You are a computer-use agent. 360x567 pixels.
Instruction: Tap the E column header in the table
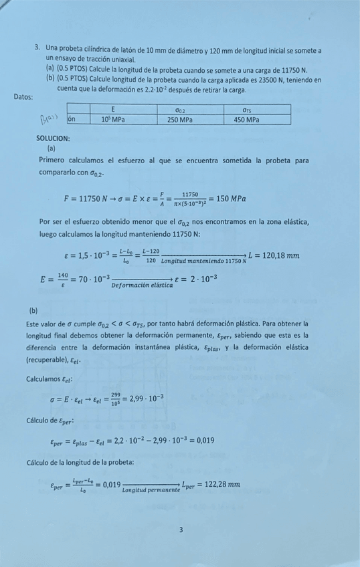(114, 109)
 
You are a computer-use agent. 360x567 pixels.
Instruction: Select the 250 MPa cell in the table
(180, 120)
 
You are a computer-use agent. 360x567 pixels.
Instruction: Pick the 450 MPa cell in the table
(247, 120)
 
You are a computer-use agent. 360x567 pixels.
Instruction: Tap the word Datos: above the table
(23, 97)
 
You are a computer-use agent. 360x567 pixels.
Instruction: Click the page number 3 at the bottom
(181, 530)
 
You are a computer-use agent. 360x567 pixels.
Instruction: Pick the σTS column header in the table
(247, 109)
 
